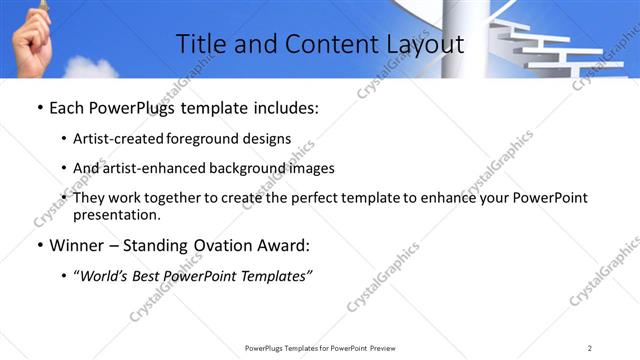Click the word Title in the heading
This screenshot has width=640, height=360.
tap(199, 44)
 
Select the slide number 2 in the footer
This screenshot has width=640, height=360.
tap(590, 348)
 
